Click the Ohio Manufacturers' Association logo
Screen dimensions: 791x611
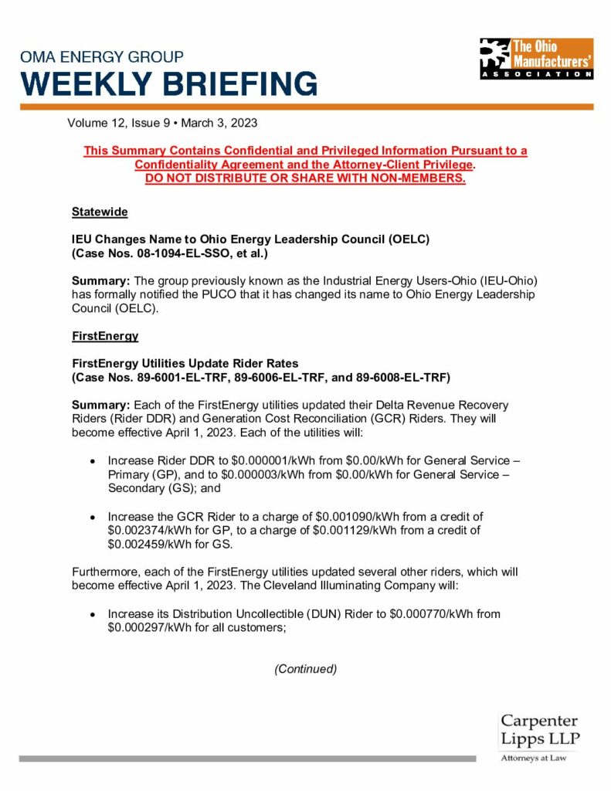536,58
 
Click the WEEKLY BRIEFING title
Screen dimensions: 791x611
168,83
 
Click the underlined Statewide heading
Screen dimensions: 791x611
100,212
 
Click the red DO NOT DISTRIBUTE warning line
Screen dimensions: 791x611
305,178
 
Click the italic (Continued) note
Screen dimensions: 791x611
305,668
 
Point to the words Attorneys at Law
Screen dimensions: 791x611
533,759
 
